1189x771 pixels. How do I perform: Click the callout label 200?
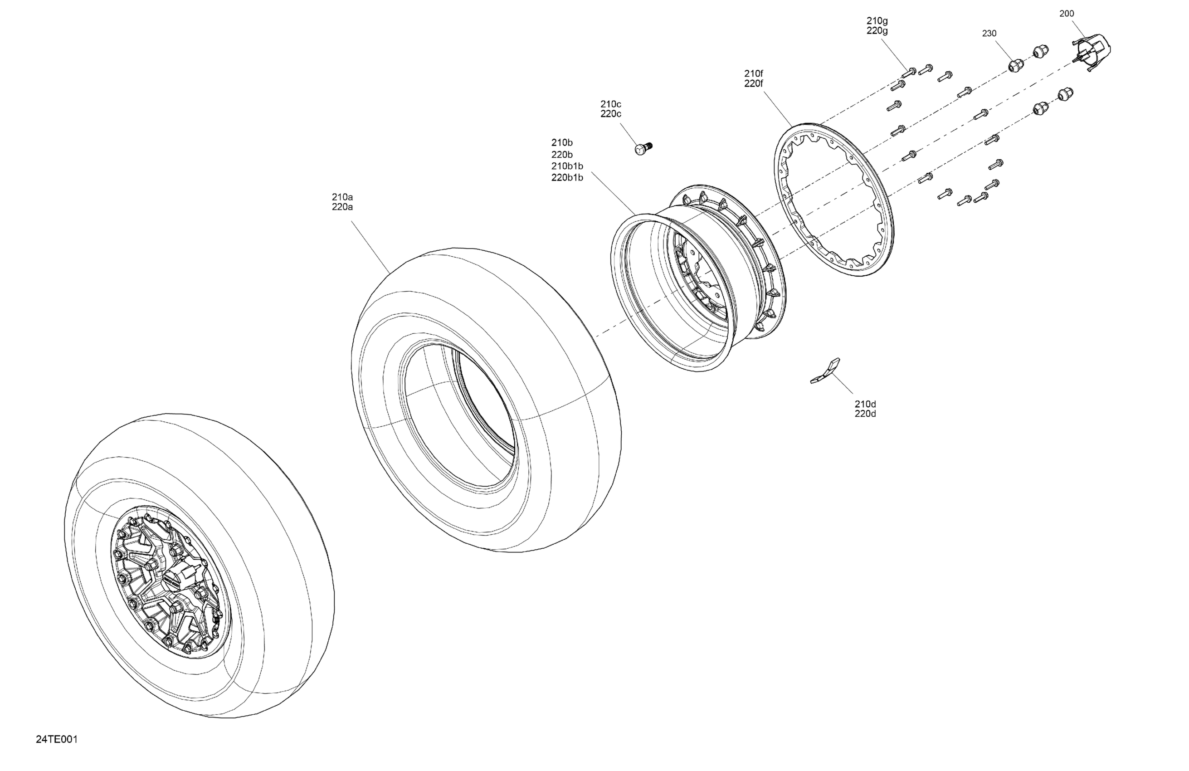[1067, 14]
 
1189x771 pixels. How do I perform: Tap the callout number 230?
[989, 34]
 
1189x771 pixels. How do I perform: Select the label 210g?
[877, 21]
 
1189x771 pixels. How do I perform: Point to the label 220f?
[754, 84]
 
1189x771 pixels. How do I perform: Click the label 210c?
[610, 104]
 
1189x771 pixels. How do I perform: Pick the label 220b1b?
[567, 177]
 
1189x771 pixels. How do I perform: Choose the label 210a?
[342, 197]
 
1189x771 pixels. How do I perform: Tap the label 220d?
[865, 414]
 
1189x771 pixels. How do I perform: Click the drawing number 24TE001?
[56, 740]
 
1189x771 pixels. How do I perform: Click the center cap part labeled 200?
[1093, 52]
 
